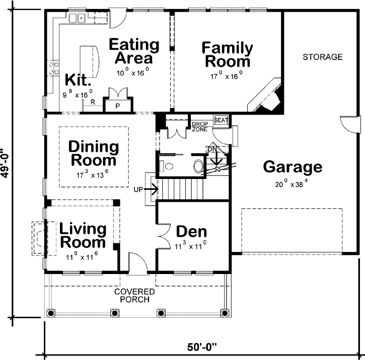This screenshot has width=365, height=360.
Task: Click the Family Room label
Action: click(227, 55)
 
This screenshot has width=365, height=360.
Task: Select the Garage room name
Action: click(293, 166)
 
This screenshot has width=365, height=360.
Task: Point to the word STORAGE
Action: click(322, 57)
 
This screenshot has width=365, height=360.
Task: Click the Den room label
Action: click(191, 232)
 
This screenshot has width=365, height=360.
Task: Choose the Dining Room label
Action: click(94, 154)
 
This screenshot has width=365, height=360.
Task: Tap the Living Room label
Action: click(83, 235)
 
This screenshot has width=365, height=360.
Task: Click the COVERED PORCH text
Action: click(134, 296)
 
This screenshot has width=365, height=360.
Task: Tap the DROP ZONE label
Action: click(199, 126)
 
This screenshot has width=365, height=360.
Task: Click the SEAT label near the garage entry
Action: click(221, 121)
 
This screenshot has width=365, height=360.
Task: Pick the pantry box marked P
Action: click(118, 106)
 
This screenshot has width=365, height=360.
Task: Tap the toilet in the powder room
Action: click(168, 165)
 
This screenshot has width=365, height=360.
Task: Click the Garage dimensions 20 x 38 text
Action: click(293, 184)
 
